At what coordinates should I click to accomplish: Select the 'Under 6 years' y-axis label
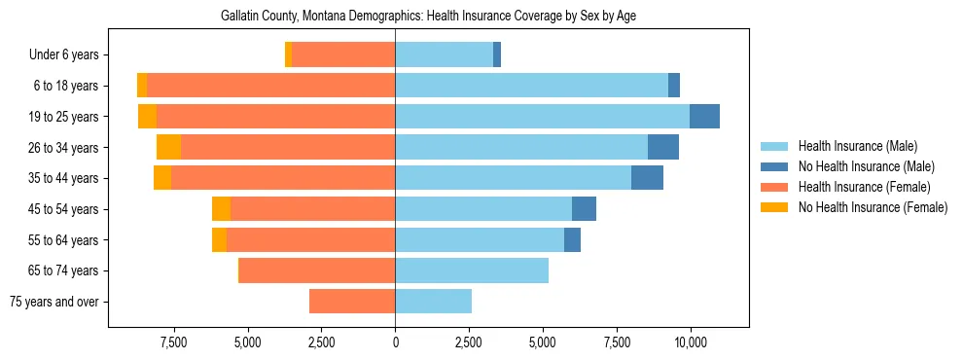tap(70, 55)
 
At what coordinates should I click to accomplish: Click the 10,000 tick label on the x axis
tap(690, 342)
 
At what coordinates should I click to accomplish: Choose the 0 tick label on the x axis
tap(395, 342)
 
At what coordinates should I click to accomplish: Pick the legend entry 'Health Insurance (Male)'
tap(857, 146)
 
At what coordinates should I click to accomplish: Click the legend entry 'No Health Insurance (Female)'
tap(873, 207)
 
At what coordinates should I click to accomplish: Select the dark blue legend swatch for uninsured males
tap(774, 166)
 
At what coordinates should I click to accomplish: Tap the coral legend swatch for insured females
tap(774, 187)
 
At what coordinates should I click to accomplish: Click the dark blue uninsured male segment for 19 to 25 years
tap(704, 117)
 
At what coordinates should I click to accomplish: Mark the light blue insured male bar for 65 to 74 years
tap(472, 270)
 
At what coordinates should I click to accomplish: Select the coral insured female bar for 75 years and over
tap(352, 302)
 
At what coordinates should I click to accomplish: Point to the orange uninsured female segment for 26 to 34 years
tap(168, 148)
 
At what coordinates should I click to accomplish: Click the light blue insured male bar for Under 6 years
tap(444, 55)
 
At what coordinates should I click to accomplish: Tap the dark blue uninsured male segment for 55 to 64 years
tap(572, 240)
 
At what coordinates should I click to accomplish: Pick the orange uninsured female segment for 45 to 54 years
tap(221, 209)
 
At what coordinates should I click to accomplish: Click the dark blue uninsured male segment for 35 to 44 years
tap(647, 178)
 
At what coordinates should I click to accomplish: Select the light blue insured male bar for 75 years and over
tap(433, 302)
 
